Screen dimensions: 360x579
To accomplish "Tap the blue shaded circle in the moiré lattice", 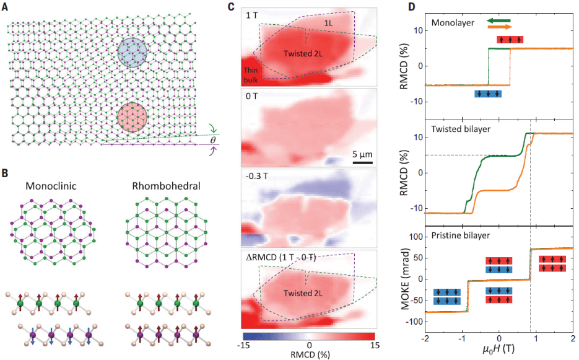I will [x=132, y=52].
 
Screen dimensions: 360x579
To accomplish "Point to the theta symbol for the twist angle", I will [x=211, y=141].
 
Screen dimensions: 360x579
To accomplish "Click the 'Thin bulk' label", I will [x=255, y=74].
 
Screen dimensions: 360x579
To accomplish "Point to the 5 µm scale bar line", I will [x=363, y=163].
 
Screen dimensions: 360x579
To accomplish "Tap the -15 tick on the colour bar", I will [x=245, y=345].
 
